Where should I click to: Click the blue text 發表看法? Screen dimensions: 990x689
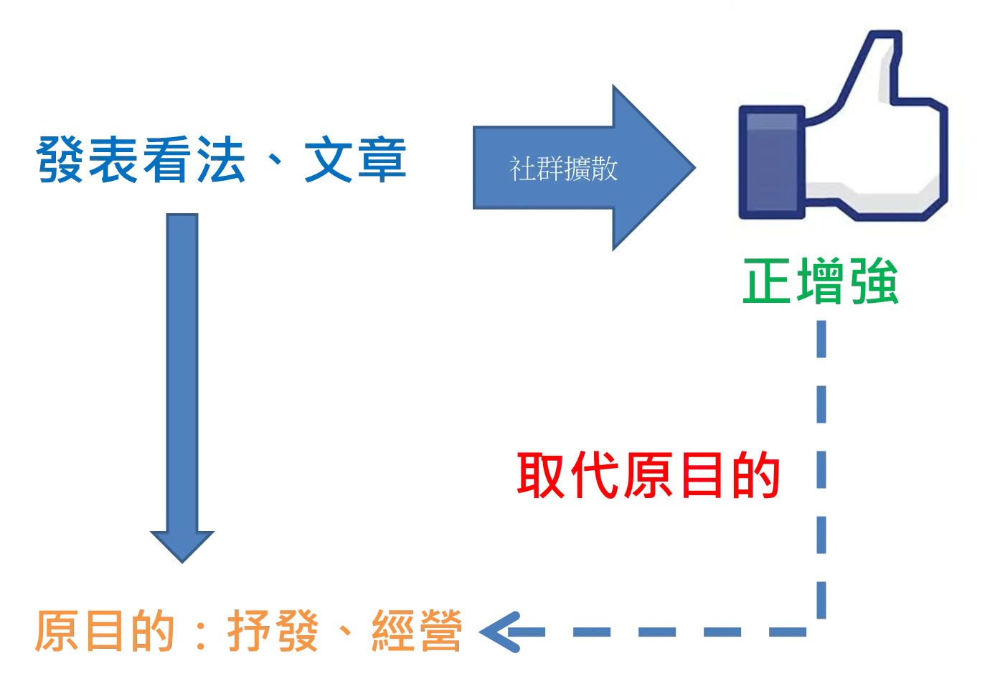[141, 159]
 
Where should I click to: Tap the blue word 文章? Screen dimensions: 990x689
[355, 159]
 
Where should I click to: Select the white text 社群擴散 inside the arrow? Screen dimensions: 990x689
[563, 169]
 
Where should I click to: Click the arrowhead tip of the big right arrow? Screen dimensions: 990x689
[696, 168]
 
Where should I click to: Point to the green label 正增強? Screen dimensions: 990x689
[821, 281]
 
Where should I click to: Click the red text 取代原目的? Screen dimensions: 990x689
[649, 475]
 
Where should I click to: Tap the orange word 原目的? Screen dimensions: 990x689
[105, 631]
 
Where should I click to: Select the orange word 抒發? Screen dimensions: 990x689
[273, 631]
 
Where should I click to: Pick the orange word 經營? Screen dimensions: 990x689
[417, 631]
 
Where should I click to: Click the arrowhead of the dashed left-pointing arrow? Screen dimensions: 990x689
[499, 632]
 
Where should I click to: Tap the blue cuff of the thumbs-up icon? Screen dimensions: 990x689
[772, 162]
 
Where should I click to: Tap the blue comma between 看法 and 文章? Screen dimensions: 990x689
[275, 158]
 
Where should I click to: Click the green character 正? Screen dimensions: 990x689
[766, 281]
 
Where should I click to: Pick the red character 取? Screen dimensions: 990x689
[541, 475]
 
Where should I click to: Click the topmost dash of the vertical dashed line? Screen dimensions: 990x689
[821, 339]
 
